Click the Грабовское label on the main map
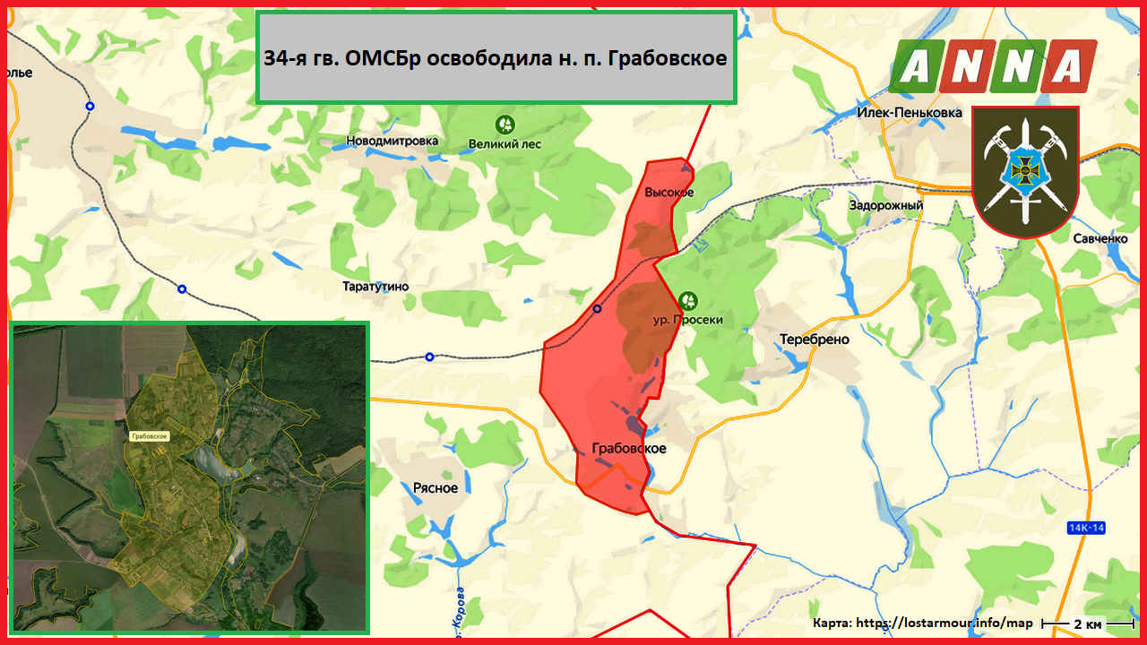coord(629,448)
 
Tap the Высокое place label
coord(669,193)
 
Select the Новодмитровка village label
coord(392,141)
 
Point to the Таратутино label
coord(375,287)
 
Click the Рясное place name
coord(436,488)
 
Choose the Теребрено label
coord(815,340)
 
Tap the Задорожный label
coord(886,205)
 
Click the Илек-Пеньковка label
coord(910,113)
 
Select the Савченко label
coord(1100,238)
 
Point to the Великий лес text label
coord(505,143)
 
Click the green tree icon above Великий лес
coord(505,124)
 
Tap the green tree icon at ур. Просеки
coord(688,299)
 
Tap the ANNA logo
coord(993,66)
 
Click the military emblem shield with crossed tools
coord(1025,170)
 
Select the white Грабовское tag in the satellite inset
coord(150,435)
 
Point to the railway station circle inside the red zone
coord(598,309)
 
